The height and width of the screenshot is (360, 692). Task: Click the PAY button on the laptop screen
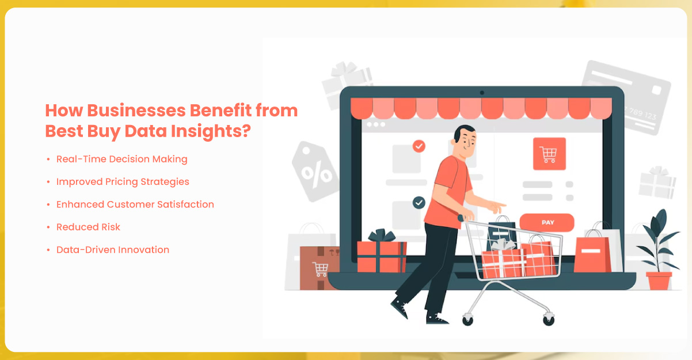(547, 222)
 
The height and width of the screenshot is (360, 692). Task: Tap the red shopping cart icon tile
(549, 154)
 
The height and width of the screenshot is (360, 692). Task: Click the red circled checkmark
(419, 146)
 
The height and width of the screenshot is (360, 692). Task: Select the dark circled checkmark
(419, 203)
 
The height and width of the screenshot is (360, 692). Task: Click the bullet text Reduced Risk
(88, 227)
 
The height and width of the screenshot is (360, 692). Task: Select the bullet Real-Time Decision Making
(121, 159)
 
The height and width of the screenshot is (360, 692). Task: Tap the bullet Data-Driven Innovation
(113, 249)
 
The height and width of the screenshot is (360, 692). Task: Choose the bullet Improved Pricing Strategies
(123, 181)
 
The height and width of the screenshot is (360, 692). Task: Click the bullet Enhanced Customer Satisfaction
(135, 204)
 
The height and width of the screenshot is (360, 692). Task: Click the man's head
(465, 142)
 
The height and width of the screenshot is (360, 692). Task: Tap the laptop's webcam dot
(482, 93)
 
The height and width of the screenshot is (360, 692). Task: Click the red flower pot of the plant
(659, 281)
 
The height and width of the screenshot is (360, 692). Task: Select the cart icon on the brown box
(321, 270)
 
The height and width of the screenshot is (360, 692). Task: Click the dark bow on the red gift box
(382, 236)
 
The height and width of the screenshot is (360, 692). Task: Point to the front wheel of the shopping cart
(549, 319)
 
